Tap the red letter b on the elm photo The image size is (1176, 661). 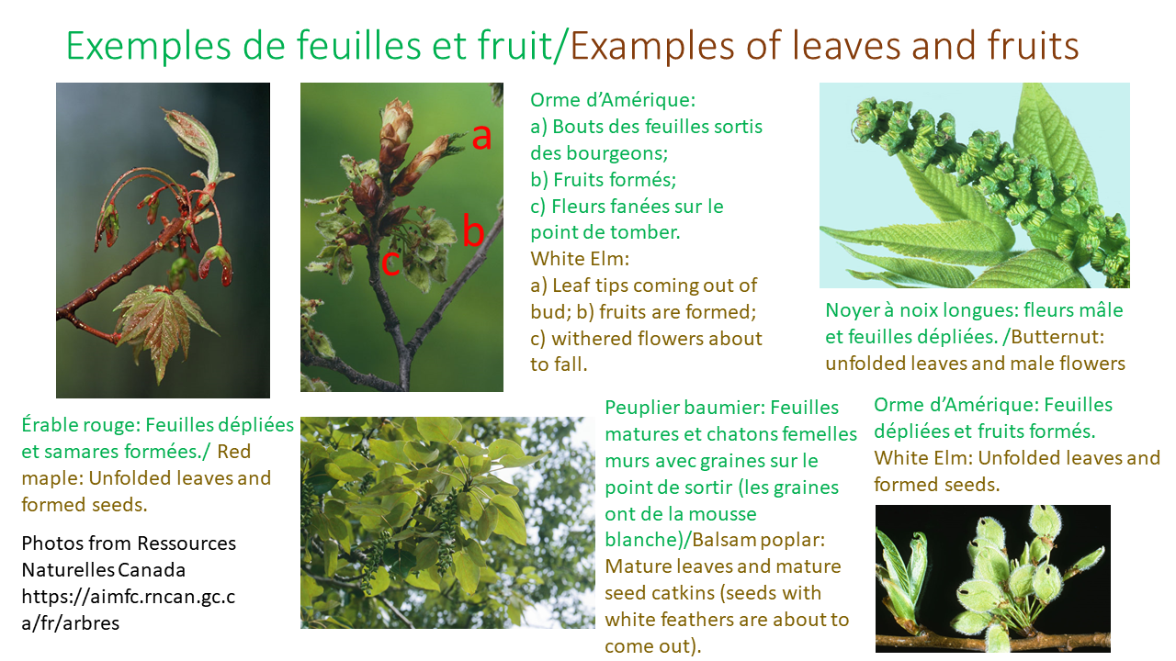click(472, 231)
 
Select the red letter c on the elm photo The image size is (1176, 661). click(390, 263)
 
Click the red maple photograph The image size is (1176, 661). click(163, 241)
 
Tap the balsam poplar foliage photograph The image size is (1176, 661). click(447, 522)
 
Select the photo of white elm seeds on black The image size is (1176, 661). click(992, 578)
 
